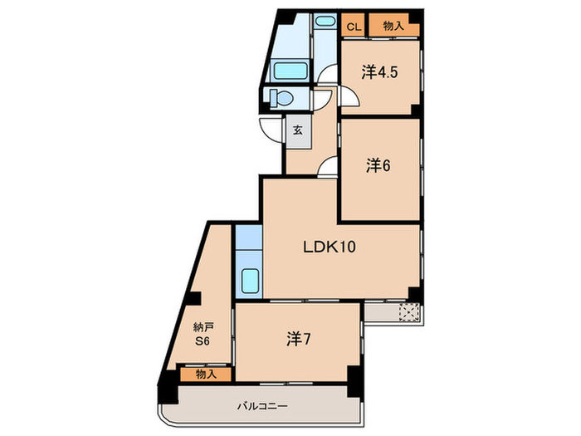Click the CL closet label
[354, 27]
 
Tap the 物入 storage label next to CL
[393, 27]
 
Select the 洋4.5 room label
[379, 72]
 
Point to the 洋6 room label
[378, 166]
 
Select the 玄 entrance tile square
[297, 130]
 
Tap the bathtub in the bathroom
[290, 71]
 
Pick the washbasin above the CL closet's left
[325, 22]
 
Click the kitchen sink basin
[250, 282]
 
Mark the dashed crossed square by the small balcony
[408, 312]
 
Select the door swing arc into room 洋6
[329, 168]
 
